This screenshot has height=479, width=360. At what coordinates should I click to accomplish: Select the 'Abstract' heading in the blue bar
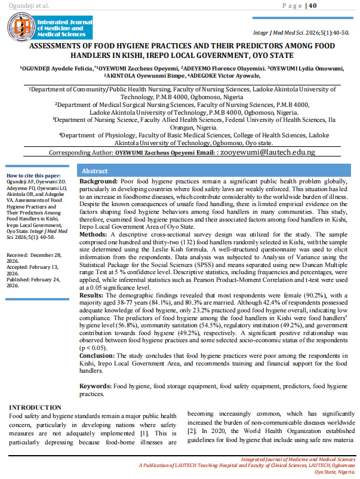(94, 171)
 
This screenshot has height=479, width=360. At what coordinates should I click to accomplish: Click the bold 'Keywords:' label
(96, 387)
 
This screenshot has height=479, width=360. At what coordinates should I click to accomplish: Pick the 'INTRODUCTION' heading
(35, 407)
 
